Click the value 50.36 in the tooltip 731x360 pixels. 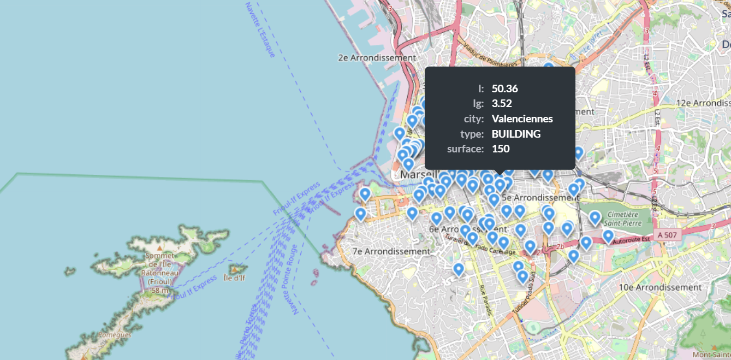[504, 88]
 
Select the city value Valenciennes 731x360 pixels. [522, 119]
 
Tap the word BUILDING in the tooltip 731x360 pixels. [516, 134]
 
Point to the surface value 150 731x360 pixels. [501, 149]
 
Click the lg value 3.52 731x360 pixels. [502, 104]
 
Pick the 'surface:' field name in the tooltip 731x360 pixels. [465, 149]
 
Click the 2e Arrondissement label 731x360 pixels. [377, 57]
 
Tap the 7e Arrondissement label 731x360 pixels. [391, 251]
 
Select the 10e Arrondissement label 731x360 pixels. [660, 287]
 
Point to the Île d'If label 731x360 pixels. [235, 278]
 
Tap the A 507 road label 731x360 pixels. [667, 234]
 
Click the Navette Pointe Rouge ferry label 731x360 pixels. [290, 280]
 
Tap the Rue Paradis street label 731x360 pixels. [485, 300]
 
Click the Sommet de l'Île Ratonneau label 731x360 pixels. [159, 268]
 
